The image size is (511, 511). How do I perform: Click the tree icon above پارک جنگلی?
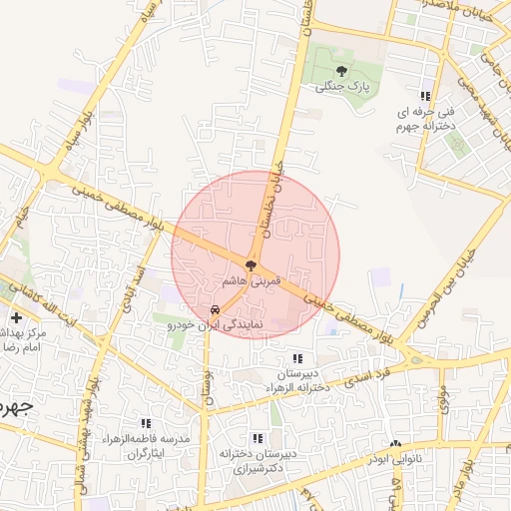pyautogui.click(x=342, y=71)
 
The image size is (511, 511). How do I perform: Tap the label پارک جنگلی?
pyautogui.click(x=342, y=87)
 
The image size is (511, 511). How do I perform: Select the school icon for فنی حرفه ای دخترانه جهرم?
pyautogui.click(x=427, y=95)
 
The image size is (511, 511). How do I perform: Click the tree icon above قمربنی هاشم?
pyautogui.click(x=251, y=265)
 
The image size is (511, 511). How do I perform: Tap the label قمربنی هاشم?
pyautogui.click(x=250, y=281)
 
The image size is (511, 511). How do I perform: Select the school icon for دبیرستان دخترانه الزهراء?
pyautogui.click(x=296, y=358)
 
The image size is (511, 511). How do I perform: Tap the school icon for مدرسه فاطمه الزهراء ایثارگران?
pyautogui.click(x=147, y=423)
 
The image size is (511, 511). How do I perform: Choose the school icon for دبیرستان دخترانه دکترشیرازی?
pyautogui.click(x=258, y=437)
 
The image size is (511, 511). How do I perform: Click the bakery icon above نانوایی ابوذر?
pyautogui.click(x=396, y=443)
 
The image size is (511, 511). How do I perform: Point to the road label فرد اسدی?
pyautogui.click(x=367, y=380)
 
